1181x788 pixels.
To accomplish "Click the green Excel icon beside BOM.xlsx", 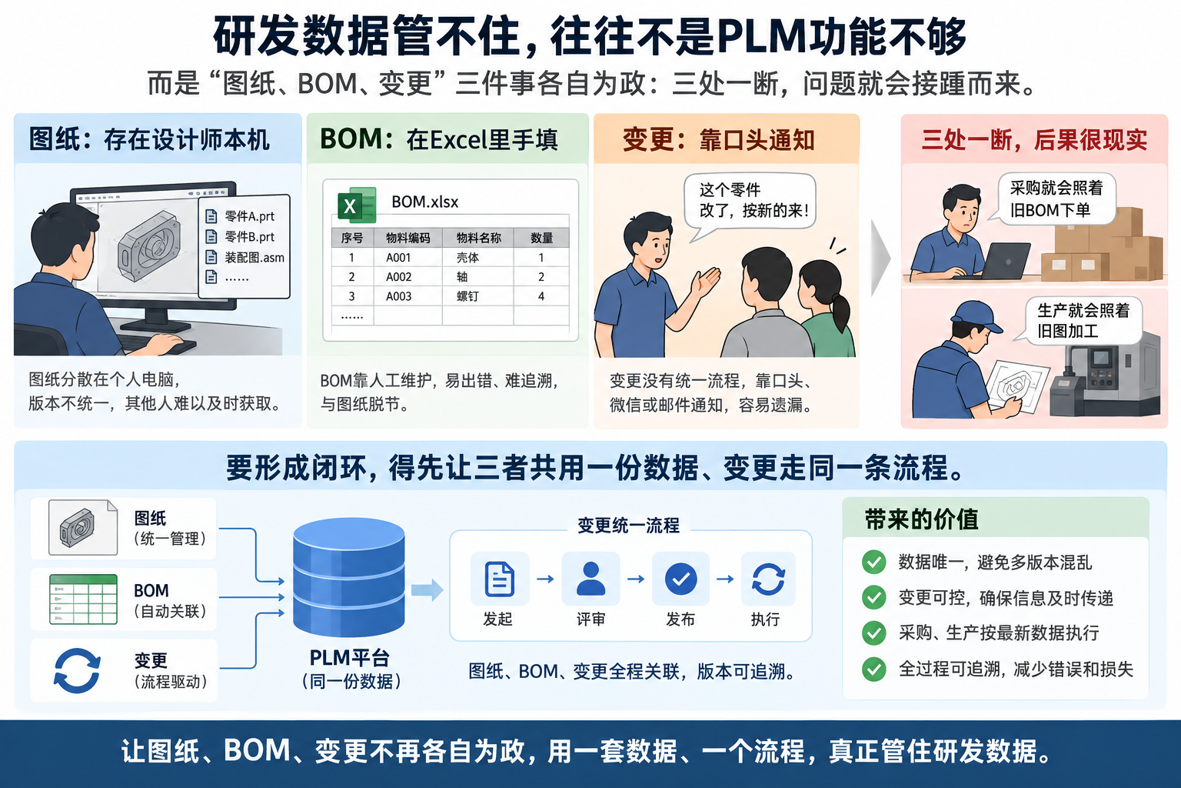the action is [x=357, y=205].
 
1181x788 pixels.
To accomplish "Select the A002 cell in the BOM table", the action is [x=398, y=277].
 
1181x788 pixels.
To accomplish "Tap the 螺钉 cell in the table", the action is [x=467, y=296].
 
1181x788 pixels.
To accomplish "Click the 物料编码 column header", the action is [x=408, y=238].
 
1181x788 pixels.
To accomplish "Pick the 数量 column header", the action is [x=541, y=238].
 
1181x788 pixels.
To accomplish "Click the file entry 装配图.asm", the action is [x=246, y=258].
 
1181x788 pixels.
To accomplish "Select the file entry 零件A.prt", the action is [x=241, y=216].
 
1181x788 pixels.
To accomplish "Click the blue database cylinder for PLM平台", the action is [x=349, y=577].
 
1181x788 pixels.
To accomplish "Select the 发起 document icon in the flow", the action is [x=499, y=579].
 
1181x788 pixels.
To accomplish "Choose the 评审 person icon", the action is [x=590, y=579].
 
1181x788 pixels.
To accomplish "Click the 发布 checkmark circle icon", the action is [x=680, y=579].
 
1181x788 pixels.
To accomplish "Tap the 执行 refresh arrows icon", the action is [x=768, y=579].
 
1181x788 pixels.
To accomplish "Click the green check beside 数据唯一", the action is [x=873, y=562].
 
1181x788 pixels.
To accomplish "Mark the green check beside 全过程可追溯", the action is [x=873, y=669].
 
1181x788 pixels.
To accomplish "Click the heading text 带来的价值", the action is [x=921, y=519].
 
